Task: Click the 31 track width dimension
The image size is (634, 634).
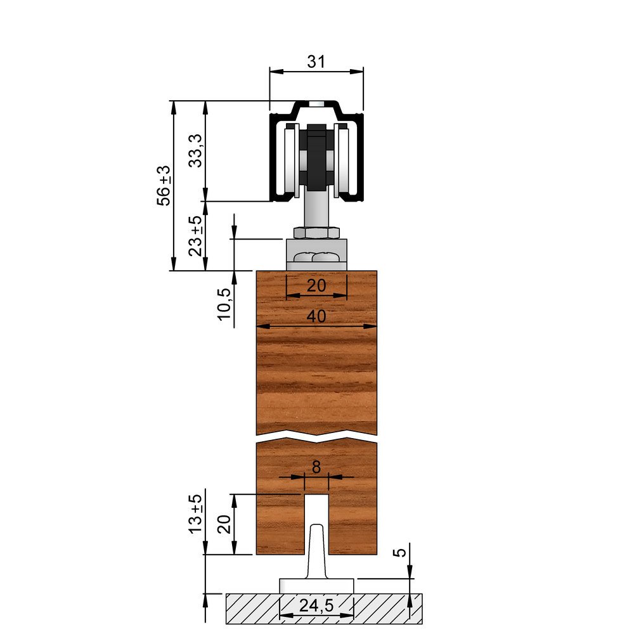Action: tap(316, 62)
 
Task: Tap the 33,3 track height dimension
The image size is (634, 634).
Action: tap(196, 151)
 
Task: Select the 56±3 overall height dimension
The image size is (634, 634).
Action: tap(164, 186)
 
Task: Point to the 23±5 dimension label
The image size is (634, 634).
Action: tap(195, 236)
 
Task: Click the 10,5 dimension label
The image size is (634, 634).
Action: tap(224, 304)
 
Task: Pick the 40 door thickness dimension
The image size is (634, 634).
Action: tap(316, 316)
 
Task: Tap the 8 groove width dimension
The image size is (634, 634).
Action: tap(316, 467)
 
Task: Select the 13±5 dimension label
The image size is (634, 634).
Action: tap(196, 514)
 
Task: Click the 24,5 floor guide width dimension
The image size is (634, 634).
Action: tap(316, 605)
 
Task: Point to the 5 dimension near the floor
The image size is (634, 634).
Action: tap(401, 552)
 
